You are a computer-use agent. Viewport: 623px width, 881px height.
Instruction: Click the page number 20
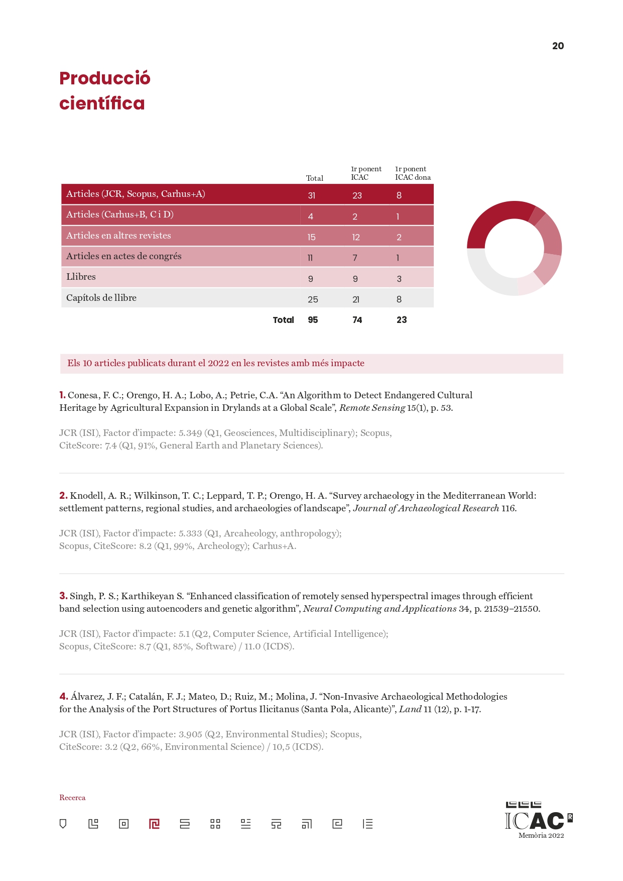click(x=558, y=46)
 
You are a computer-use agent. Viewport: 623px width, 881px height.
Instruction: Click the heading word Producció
click(x=104, y=78)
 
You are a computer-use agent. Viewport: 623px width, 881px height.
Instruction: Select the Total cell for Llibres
click(x=311, y=279)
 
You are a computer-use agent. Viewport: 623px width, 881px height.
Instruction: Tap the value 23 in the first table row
click(x=357, y=195)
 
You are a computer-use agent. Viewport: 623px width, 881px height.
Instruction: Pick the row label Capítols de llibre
click(x=101, y=298)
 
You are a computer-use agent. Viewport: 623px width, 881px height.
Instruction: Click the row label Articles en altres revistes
click(x=118, y=236)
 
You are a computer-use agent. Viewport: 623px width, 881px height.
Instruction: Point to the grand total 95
click(x=313, y=320)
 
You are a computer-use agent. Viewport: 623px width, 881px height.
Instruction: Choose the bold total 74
click(x=357, y=320)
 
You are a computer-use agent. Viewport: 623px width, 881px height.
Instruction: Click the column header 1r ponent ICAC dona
click(x=413, y=173)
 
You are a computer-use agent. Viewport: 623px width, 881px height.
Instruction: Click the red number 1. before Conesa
click(x=62, y=395)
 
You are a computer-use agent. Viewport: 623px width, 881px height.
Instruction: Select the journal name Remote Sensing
click(x=372, y=408)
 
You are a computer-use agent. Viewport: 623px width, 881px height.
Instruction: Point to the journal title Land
click(x=410, y=709)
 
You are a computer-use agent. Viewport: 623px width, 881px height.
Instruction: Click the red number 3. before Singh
click(x=63, y=596)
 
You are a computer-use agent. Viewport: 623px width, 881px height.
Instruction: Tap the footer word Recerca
click(x=72, y=798)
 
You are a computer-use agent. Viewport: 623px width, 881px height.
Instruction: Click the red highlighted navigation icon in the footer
click(x=154, y=824)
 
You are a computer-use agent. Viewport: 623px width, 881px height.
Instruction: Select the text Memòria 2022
click(x=541, y=836)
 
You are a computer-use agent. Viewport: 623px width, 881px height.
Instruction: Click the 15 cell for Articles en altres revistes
click(x=311, y=237)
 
